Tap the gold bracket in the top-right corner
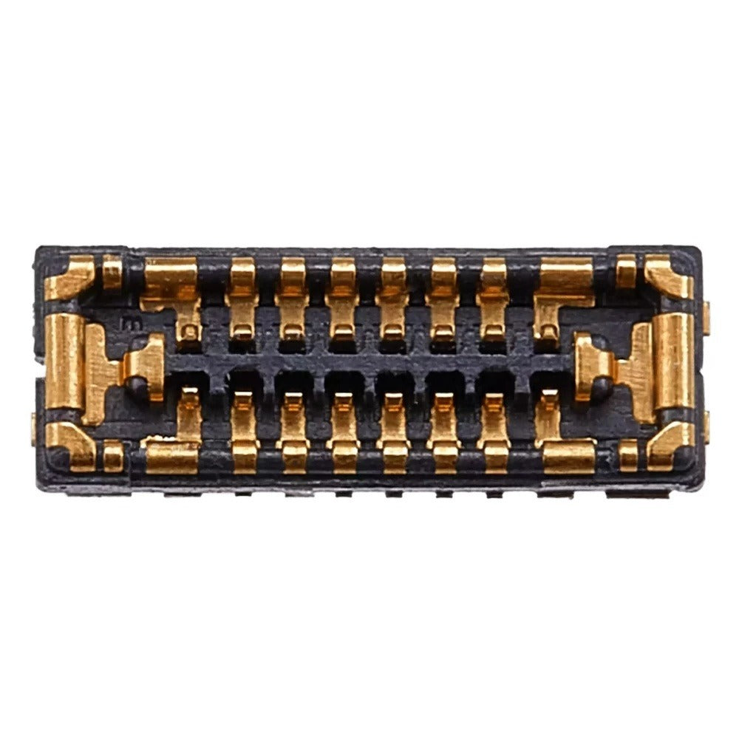pos(670,278)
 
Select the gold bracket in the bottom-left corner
pos(71,445)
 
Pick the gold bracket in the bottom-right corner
pos(669,445)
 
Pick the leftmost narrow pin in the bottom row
pos(243,432)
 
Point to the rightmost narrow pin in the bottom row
pos(494,432)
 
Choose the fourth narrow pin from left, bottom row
pos(393,432)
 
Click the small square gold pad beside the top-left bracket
pos(112,272)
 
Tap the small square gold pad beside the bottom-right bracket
pos(627,454)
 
